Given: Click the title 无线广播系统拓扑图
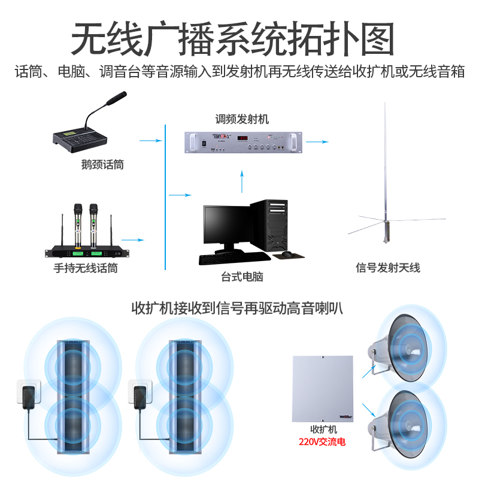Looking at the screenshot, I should pos(233,40).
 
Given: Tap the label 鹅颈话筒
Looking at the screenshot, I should pos(102,164).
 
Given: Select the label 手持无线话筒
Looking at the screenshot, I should pos(86,268).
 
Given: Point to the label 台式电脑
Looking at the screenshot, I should pos(242,277).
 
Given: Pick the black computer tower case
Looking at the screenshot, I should pos(269,225).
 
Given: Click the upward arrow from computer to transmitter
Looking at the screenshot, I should pos(242,180).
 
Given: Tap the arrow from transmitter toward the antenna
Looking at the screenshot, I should pos(318,142).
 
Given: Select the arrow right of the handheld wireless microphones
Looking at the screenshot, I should pos(137,240).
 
